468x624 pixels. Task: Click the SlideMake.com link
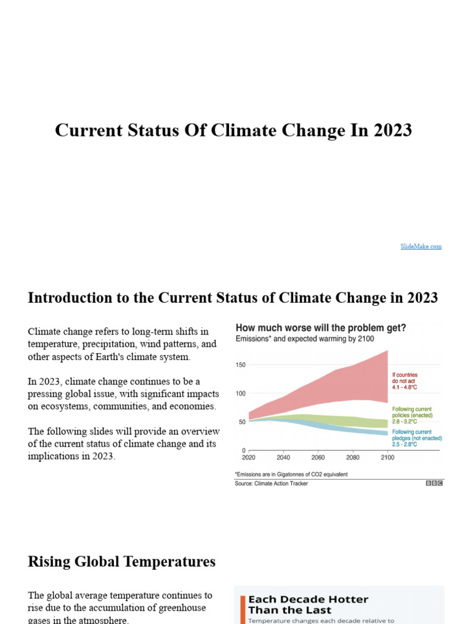click(x=420, y=246)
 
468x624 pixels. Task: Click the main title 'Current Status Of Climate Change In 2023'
click(x=233, y=130)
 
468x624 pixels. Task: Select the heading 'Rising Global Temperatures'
click(x=121, y=561)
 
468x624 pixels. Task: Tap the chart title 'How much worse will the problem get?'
click(x=321, y=328)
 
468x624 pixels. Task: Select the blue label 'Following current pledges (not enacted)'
click(x=416, y=438)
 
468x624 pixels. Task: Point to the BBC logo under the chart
click(x=434, y=483)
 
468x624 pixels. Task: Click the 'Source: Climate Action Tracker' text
click(x=271, y=483)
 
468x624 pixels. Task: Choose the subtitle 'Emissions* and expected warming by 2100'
click(x=305, y=338)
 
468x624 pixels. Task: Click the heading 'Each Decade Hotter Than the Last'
click(x=308, y=604)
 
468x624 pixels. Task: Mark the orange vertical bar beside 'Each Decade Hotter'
click(x=243, y=609)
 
